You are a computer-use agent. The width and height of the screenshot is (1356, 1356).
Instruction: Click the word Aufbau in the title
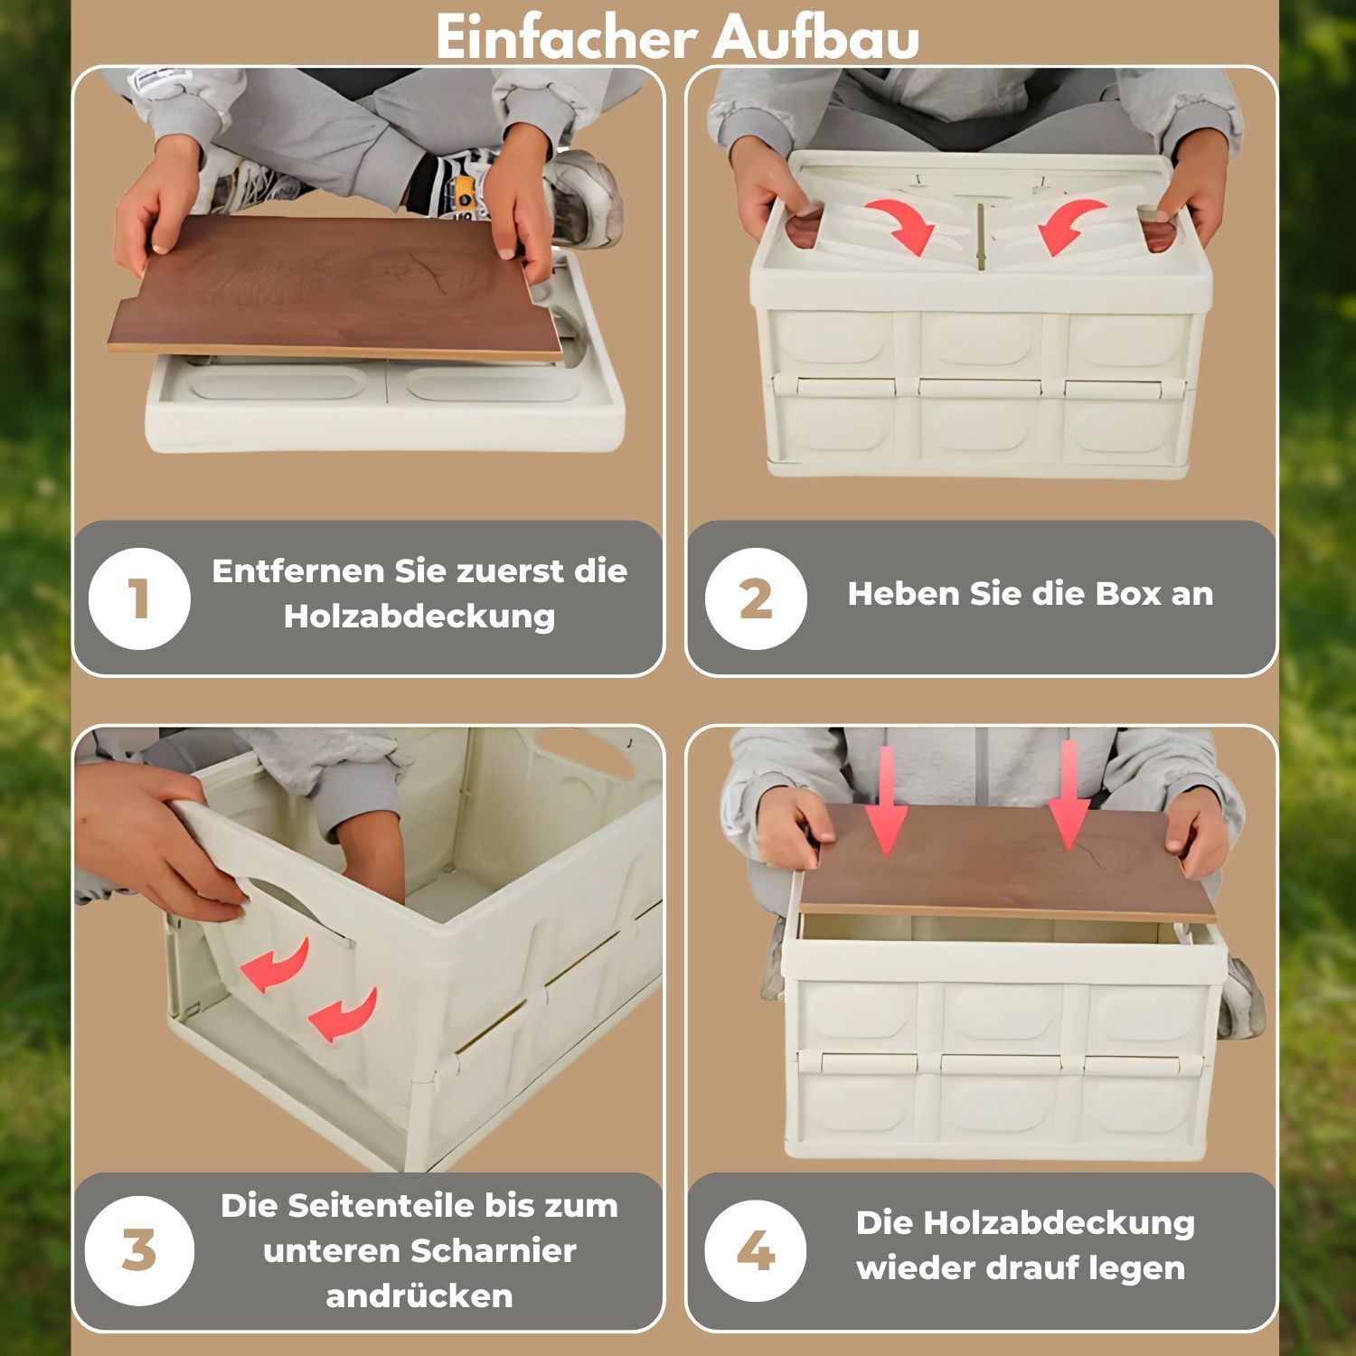pos(817,38)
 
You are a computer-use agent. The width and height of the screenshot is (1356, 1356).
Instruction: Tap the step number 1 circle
pos(139,598)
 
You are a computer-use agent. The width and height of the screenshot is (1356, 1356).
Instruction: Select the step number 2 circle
pos(756,598)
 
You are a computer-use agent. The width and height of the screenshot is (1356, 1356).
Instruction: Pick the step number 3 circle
pos(139,1251)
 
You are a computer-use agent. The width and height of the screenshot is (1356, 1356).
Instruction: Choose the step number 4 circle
pos(756,1251)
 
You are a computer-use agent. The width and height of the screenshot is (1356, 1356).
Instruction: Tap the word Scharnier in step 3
pos(494,1251)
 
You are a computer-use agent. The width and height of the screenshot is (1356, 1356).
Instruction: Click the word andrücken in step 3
pos(419,1296)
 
